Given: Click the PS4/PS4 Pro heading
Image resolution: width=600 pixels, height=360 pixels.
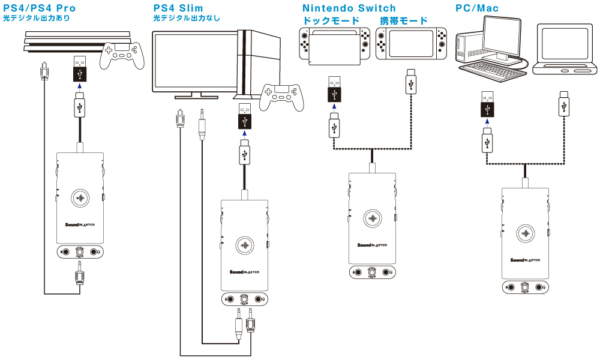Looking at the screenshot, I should [x=39, y=8].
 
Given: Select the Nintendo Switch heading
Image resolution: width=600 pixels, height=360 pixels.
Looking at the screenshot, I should [x=349, y=8].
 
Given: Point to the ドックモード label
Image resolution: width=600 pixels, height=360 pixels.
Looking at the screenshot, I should [x=332, y=21].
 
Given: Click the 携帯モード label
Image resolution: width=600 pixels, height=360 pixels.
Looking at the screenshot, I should [x=404, y=21].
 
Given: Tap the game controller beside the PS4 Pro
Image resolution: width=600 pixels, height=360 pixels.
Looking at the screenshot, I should [x=125, y=56].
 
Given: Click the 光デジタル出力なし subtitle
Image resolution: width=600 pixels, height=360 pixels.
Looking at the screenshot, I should [x=187, y=19].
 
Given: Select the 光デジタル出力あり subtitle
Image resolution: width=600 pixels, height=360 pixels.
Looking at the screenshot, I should [x=37, y=19].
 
